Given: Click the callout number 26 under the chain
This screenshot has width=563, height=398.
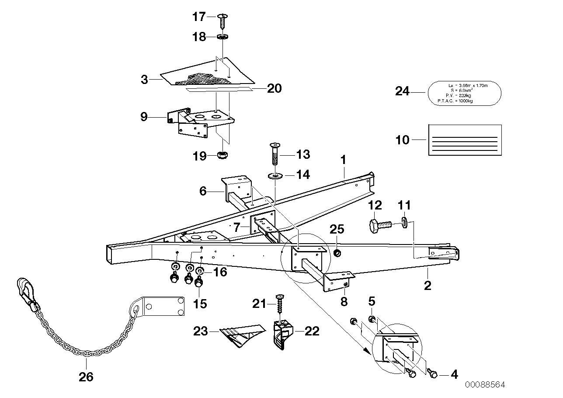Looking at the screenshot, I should coord(86,377).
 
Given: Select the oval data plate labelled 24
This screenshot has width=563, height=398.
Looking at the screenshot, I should coord(464,93).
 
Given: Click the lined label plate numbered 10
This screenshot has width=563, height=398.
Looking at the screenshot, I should coord(465,140).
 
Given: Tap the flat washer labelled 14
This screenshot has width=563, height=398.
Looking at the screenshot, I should coord(275,176).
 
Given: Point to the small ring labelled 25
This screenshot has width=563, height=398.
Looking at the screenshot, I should coord(337,253).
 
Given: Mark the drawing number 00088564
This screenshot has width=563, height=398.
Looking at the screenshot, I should coord(485,385).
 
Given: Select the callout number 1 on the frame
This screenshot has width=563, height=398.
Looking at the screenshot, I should coord(344,160).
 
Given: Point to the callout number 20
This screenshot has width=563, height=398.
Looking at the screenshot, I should coord(274,89).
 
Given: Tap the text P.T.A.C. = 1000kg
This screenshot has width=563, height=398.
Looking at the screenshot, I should coord(455,101).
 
